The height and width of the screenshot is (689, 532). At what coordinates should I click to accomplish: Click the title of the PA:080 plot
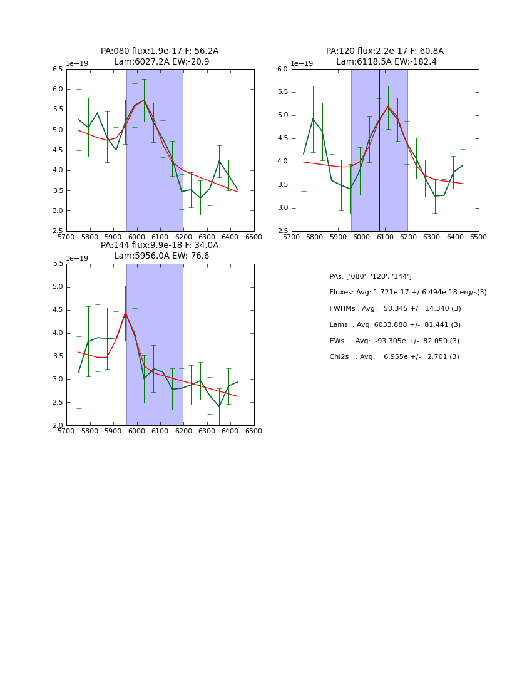click(160, 56)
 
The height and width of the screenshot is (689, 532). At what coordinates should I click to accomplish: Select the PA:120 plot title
click(385, 56)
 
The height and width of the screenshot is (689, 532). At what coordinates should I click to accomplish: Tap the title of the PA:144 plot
click(160, 251)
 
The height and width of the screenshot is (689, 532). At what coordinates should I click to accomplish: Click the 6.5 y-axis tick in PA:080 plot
click(57, 69)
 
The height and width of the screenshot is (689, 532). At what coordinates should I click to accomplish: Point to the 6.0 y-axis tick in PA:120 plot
click(282, 69)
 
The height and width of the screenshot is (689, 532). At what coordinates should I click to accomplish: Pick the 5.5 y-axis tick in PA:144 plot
click(57, 264)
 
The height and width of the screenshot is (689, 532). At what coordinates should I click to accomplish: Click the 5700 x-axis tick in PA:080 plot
click(66, 237)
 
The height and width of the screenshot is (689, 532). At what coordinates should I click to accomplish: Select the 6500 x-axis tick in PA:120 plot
click(479, 237)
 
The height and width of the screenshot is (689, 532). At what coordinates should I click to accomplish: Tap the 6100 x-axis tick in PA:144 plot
click(160, 432)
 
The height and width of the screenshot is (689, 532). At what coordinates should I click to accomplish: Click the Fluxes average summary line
click(407, 293)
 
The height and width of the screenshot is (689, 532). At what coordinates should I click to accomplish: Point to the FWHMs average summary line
click(395, 309)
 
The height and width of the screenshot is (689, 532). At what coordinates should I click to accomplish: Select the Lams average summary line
click(395, 325)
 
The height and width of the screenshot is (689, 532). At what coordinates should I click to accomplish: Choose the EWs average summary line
click(394, 341)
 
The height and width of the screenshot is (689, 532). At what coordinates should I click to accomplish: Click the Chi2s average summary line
click(394, 357)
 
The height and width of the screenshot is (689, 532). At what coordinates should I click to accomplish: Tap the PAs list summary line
click(371, 276)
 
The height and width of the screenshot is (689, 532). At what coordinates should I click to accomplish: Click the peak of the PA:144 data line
click(125, 312)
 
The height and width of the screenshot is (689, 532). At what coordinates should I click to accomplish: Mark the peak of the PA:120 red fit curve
click(388, 107)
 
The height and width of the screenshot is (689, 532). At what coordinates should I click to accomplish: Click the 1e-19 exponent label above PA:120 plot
click(301, 63)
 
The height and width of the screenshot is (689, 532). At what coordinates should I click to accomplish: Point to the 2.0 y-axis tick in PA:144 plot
click(57, 425)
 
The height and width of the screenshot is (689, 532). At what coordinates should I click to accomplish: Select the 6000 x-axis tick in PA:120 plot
click(362, 237)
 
